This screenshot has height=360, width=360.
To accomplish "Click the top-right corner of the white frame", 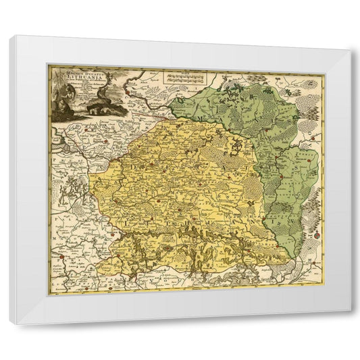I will click(351, 50).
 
